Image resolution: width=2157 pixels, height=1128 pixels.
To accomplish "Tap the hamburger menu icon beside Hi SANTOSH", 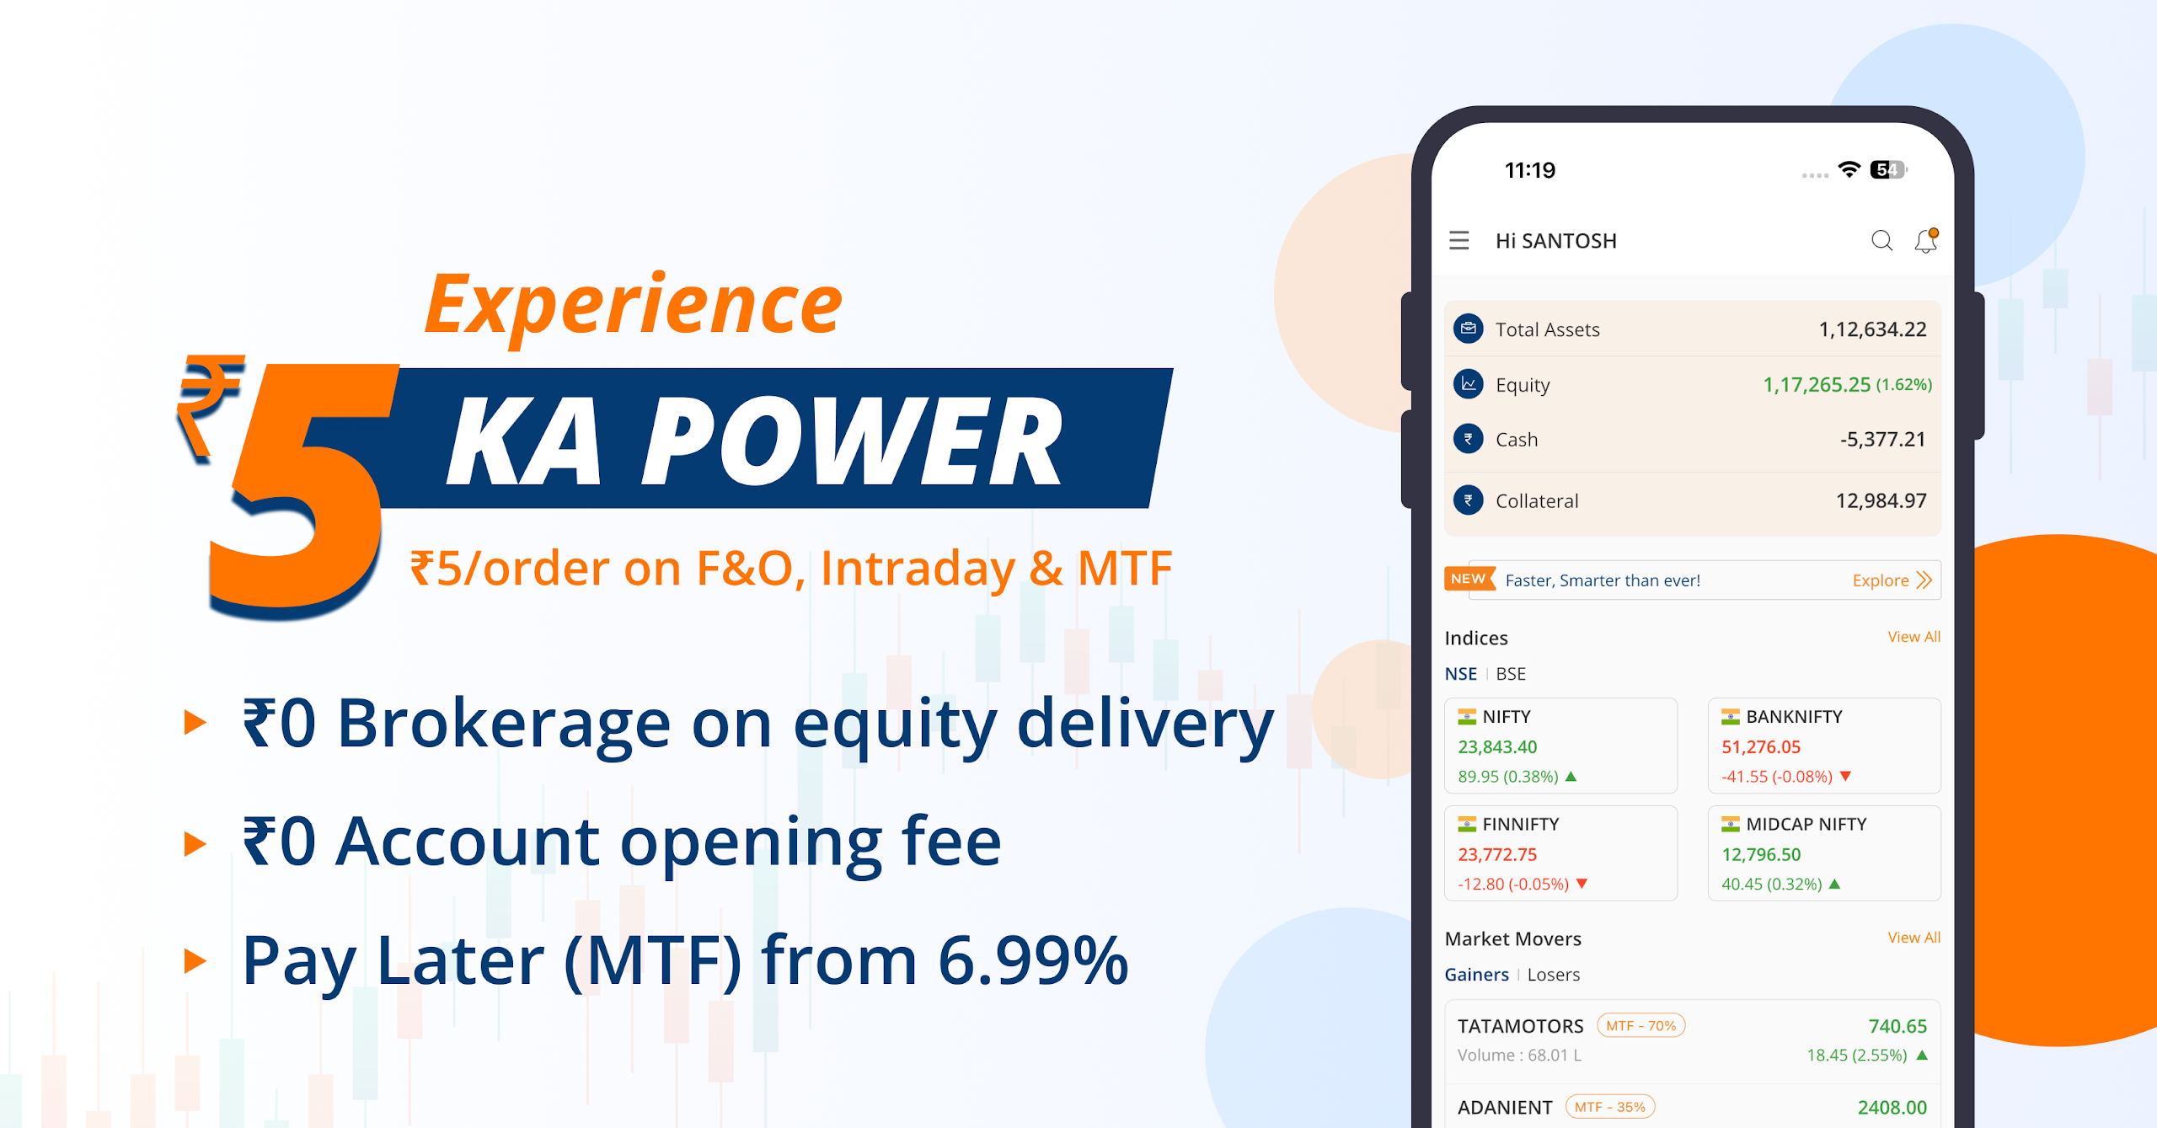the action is (x=1459, y=241).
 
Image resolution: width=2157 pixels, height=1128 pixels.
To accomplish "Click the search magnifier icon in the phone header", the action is (x=1881, y=241).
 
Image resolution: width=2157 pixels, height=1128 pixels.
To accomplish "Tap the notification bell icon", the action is (x=1926, y=241).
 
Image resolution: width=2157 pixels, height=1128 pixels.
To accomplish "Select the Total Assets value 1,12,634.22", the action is (x=1872, y=329).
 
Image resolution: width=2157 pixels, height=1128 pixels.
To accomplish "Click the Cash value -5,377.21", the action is (x=1882, y=440).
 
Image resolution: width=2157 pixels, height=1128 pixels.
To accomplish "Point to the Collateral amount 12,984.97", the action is (x=1881, y=501).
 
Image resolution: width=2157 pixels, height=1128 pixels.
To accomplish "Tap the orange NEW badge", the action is (x=1469, y=579).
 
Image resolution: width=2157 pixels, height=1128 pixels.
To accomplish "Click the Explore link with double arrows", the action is (x=1892, y=580).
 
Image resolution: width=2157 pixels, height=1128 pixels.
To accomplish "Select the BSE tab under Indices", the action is (x=1511, y=674).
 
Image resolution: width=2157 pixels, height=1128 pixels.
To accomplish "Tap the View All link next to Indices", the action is (x=1913, y=637).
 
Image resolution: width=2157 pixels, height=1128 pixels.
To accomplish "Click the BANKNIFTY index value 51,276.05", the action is (x=1761, y=747).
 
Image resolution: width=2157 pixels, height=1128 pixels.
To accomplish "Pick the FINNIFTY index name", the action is (x=1520, y=824).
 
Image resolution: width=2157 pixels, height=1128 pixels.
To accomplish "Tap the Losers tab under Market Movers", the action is (x=1554, y=975).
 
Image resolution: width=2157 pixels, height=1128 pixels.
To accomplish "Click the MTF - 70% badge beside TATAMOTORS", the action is (x=1640, y=1026).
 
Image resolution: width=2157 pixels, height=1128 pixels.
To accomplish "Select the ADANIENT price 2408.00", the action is (x=1892, y=1108).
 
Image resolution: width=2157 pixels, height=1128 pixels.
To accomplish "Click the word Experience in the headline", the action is (x=633, y=307).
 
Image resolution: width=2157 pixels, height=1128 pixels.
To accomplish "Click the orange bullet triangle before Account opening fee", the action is (x=195, y=843).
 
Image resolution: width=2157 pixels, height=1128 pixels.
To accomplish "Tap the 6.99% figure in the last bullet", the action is (x=1033, y=961).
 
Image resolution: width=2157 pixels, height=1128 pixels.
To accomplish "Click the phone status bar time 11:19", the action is (x=1530, y=171).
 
